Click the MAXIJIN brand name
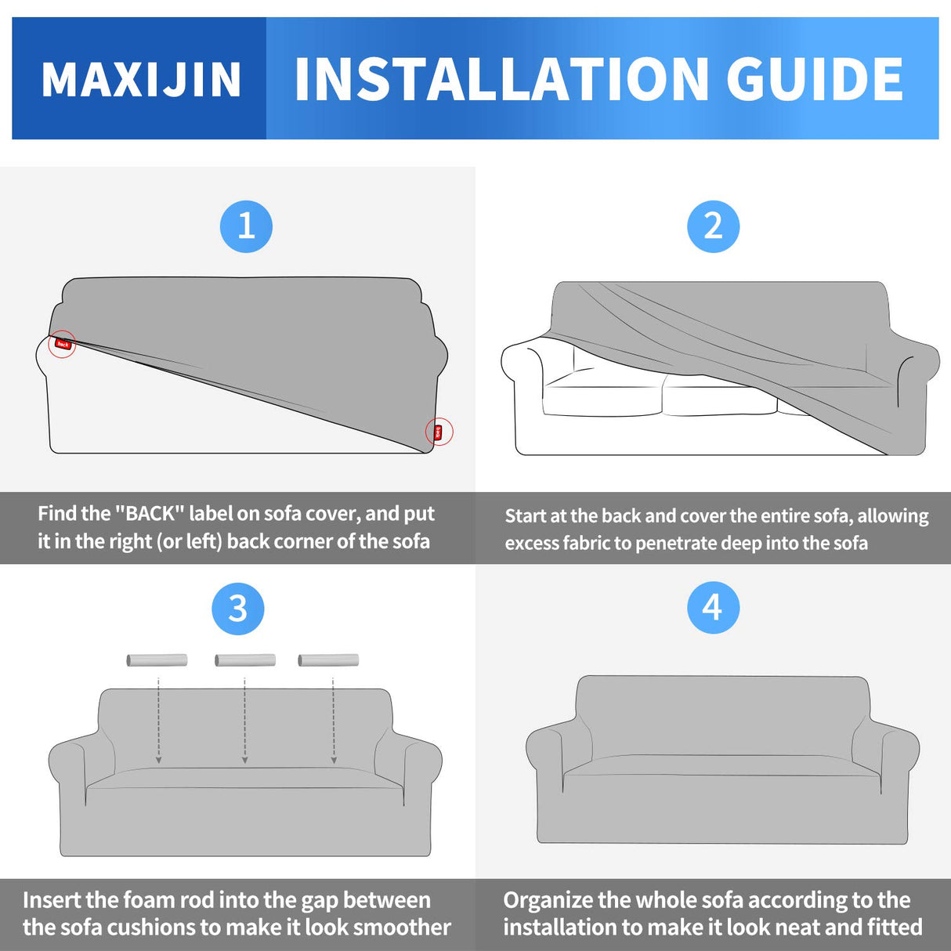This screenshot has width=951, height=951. (x=141, y=80)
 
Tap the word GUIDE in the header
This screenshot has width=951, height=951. (x=815, y=80)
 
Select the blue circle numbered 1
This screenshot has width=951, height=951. (x=246, y=227)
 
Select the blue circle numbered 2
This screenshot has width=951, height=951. (x=713, y=227)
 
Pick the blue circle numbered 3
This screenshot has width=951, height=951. (x=237, y=609)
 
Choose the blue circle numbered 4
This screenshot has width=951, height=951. (x=713, y=608)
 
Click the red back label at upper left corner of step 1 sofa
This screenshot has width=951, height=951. (x=63, y=344)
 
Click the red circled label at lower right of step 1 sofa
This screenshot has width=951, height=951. (x=439, y=432)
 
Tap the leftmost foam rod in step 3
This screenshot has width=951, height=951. (x=157, y=660)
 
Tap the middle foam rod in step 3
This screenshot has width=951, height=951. (x=245, y=660)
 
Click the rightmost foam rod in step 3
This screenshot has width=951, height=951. (x=328, y=660)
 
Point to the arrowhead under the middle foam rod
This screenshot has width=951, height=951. (x=245, y=759)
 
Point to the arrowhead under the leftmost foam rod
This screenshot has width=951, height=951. (x=158, y=759)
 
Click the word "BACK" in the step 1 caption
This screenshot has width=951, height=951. (x=150, y=514)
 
